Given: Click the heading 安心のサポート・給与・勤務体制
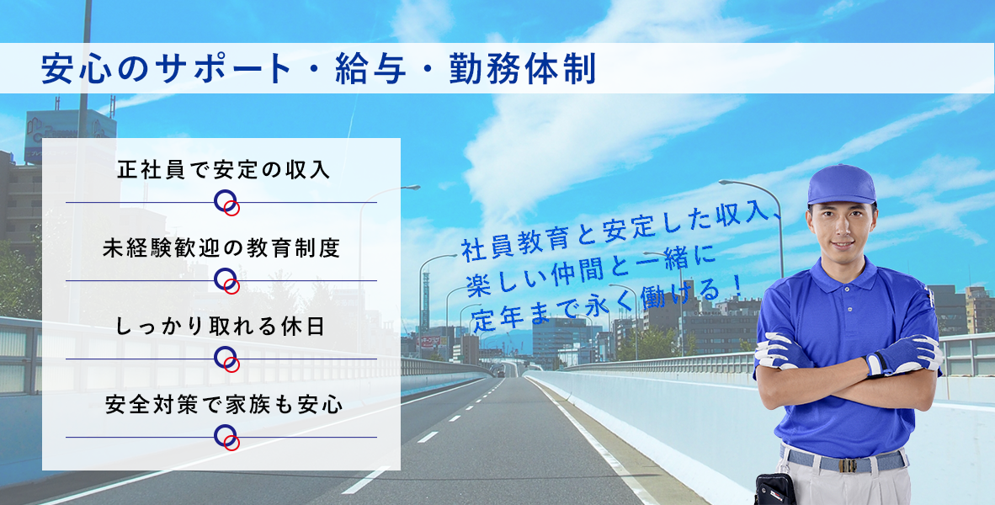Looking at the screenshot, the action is [x=318, y=69].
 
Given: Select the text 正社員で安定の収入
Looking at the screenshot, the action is [x=224, y=170].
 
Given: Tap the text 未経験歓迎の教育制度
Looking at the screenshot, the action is [x=222, y=248].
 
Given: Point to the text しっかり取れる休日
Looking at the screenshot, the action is [x=221, y=327].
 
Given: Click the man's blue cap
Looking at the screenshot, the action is [x=842, y=184].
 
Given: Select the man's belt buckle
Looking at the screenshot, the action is [x=848, y=465].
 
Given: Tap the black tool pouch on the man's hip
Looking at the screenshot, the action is [x=774, y=488].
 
